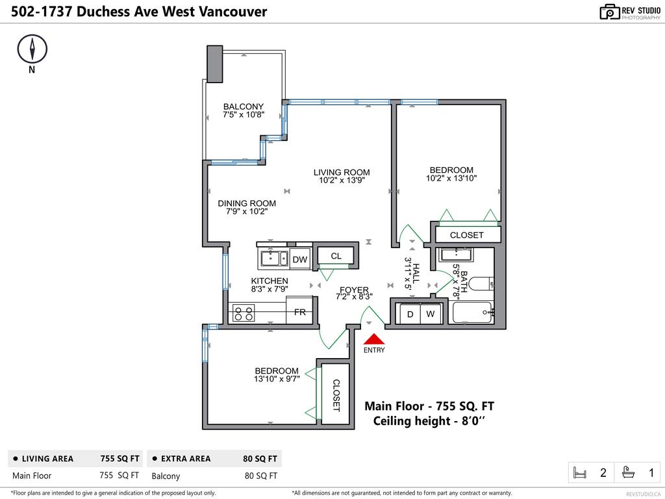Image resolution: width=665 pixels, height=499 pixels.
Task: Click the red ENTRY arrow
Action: pyautogui.click(x=374, y=339)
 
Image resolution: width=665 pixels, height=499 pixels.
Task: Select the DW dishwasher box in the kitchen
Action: pyautogui.click(x=299, y=259)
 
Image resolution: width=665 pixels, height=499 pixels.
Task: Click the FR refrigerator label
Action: pyautogui.click(x=300, y=313)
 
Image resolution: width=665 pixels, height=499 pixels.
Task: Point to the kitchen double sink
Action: pyautogui.click(x=275, y=259)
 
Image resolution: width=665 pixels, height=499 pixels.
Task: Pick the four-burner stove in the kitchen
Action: pyautogui.click(x=244, y=313)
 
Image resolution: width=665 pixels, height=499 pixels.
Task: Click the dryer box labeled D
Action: pyautogui.click(x=410, y=314)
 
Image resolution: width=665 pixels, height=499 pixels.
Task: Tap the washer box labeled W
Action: pyautogui.click(x=431, y=314)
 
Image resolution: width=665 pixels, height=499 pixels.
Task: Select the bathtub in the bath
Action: pyautogui.click(x=473, y=314)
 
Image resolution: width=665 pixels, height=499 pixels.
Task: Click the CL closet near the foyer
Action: pyautogui.click(x=336, y=256)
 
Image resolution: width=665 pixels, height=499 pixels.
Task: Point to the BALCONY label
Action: pyautogui.click(x=244, y=107)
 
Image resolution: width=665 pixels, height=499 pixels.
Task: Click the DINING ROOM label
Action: pyautogui.click(x=247, y=203)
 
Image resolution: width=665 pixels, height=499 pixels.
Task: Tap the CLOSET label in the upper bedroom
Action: pyautogui.click(x=466, y=235)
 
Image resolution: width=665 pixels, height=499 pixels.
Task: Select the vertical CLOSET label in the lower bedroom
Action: pyautogui.click(x=336, y=396)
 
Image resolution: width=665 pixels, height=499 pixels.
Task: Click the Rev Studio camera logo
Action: pyautogui.click(x=609, y=12)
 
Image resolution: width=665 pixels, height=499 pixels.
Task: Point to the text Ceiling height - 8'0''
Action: pyautogui.click(x=429, y=421)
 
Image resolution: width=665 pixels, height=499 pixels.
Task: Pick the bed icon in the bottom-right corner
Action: pyautogui.click(x=580, y=473)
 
